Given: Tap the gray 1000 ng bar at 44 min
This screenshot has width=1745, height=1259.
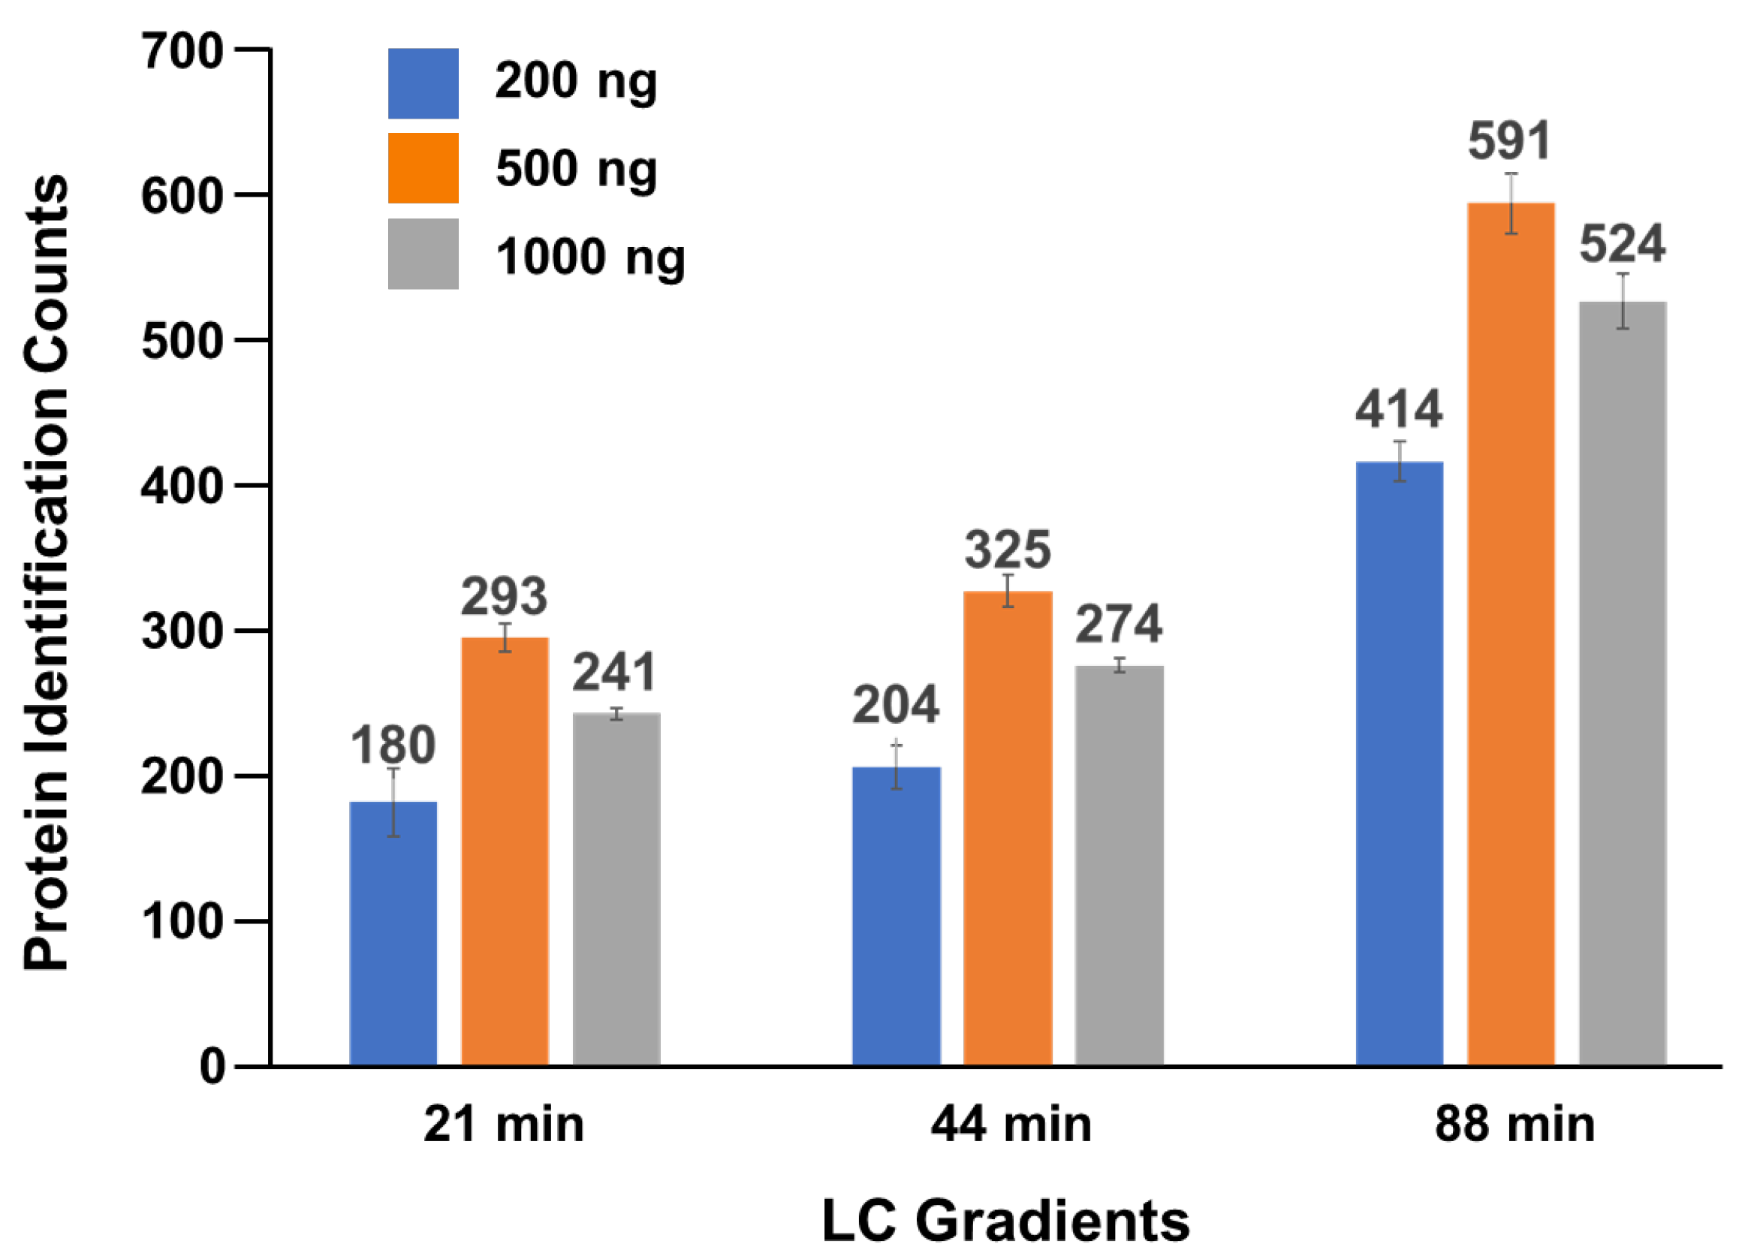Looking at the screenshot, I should (1119, 865).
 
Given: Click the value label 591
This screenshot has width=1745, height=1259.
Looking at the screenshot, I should (1509, 141).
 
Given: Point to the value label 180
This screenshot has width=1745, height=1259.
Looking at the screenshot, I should (393, 745).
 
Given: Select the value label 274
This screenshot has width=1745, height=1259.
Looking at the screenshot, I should (1119, 624).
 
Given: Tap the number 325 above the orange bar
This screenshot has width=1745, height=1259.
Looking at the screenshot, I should (1008, 550).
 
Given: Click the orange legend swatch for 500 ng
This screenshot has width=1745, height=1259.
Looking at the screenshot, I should (423, 168).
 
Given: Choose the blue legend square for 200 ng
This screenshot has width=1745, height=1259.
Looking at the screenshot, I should (423, 84).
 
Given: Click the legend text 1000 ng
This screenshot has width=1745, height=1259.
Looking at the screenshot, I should (590, 256).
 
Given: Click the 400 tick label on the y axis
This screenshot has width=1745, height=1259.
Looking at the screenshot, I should (182, 486).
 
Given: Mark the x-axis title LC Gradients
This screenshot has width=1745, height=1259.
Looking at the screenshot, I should (1006, 1221).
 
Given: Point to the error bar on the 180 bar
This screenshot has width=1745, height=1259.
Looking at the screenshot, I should (393, 802).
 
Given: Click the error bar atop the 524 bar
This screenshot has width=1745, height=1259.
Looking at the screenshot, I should (1623, 302).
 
